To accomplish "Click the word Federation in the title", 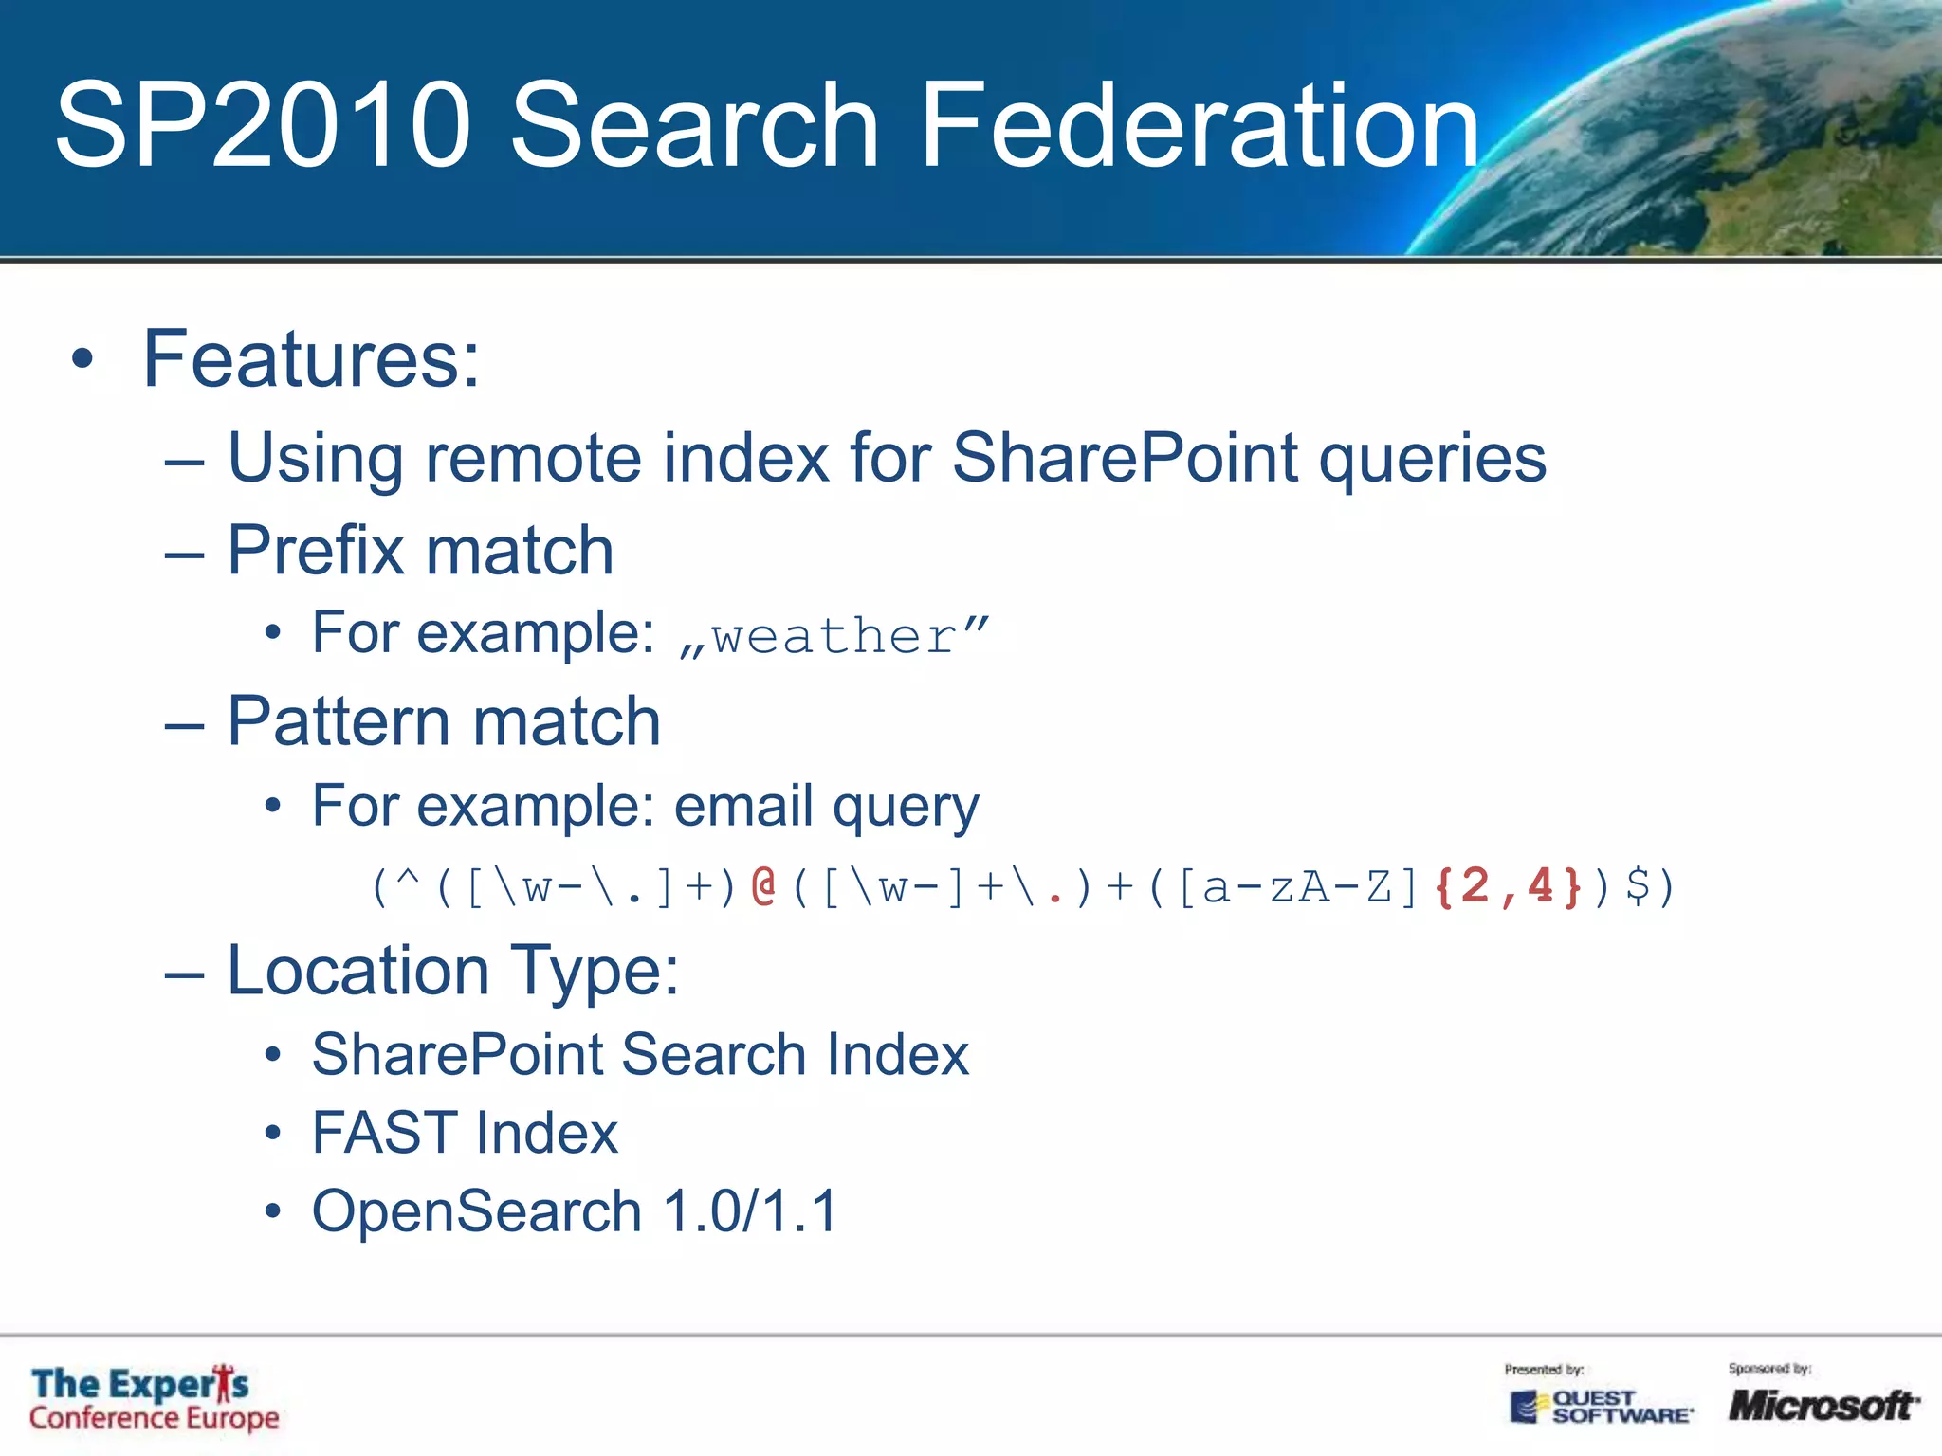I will pos(1199,125).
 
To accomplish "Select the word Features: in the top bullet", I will pos(311,359).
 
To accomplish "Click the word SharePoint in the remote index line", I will pos(1125,458).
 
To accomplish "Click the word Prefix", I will pos(316,551).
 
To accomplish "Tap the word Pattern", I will pos(341,721).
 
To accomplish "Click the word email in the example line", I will pos(743,806).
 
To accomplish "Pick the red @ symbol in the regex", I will pos(763,886).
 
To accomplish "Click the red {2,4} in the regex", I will pos(1508,886).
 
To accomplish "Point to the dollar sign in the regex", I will pos(1637,886).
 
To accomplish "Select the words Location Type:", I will pos(453,971).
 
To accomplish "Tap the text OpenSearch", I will pos(477,1211).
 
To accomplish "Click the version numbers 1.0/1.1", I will pos(750,1211).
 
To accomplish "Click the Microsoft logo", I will pos(1823,1405).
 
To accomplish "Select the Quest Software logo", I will pos(1601,1407).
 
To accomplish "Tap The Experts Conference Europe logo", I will pos(154,1399).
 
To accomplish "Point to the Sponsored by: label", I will pos(1769,1368).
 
